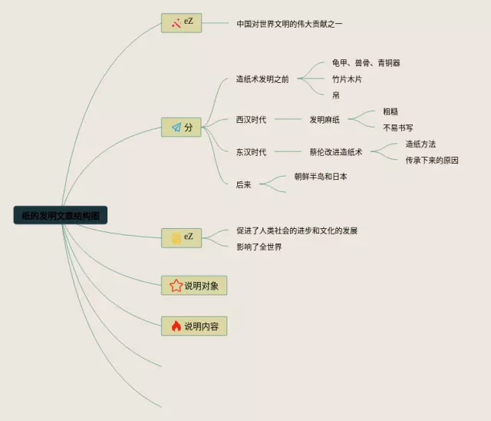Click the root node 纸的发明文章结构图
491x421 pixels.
(61, 215)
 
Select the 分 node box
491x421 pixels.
(181, 128)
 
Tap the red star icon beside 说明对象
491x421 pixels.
(175, 286)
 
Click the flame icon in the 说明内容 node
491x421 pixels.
(176, 326)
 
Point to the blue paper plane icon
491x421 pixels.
(176, 128)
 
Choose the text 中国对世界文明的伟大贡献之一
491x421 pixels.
(289, 24)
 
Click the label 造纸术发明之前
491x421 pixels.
(262, 79)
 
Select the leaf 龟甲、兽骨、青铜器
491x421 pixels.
(366, 63)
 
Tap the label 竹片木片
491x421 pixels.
(346, 79)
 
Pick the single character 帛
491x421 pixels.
(336, 95)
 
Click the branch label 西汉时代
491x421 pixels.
(252, 120)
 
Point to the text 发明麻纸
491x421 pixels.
(325, 120)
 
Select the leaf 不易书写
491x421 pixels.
(398, 128)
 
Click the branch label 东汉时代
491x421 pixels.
(252, 152)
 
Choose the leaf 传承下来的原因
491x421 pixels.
(432, 161)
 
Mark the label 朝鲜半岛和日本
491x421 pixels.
(321, 177)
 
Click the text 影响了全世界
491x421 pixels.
(259, 247)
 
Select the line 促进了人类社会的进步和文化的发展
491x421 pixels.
(297, 230)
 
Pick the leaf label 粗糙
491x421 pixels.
(390, 111)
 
